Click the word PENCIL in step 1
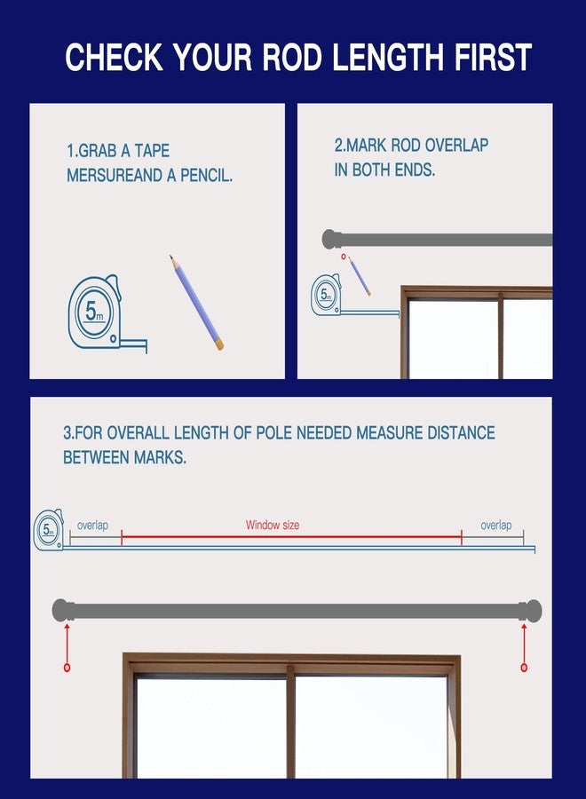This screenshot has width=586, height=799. pos(206,175)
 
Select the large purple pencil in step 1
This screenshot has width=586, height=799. pos(196,303)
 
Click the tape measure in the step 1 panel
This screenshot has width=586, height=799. pos(105,314)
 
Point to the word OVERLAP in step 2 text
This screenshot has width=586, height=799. pos(456,146)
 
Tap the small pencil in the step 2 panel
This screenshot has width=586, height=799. pos(360,276)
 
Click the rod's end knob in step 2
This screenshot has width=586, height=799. pos(331,239)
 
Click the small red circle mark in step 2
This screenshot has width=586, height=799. pos(344,257)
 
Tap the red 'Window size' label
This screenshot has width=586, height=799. pos(273,525)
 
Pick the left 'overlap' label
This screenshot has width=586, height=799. pos(92,525)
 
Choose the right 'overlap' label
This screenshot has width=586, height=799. pos(495,525)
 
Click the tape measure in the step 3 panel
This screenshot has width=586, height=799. pos(49,530)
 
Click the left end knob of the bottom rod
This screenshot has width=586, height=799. pos(62,610)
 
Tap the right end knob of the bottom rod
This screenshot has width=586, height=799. pos(531,611)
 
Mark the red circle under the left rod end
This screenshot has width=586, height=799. pos(67,668)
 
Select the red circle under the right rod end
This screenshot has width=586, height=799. pos(524,668)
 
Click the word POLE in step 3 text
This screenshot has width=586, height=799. pos(273,432)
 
